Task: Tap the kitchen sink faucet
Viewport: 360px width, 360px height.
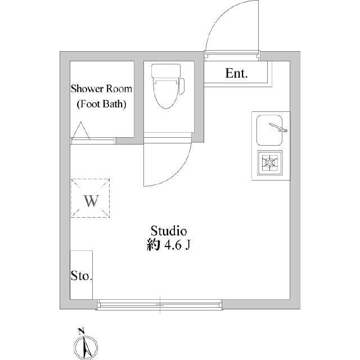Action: [x=278, y=128]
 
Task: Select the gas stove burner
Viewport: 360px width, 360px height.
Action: [x=270, y=163]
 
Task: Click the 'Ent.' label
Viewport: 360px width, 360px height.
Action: [x=236, y=74]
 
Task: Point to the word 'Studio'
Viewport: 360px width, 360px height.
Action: [x=168, y=231]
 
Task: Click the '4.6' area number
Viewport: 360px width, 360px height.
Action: [x=173, y=245]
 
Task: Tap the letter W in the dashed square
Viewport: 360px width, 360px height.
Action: [x=91, y=201]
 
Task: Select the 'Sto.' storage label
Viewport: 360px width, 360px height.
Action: [x=81, y=276]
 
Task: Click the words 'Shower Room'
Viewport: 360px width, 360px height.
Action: [x=101, y=89]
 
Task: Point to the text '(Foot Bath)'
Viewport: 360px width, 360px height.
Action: [x=101, y=104]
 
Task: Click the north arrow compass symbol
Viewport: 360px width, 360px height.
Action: [x=86, y=347]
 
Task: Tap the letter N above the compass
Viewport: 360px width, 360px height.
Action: [x=81, y=331]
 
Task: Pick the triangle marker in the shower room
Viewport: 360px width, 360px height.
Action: [x=81, y=130]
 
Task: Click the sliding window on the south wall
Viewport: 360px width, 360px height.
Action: [x=159, y=305]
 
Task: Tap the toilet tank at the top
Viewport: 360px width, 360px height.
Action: [x=166, y=71]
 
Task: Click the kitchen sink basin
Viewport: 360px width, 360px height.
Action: [x=269, y=130]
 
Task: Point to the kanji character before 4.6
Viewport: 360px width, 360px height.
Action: [x=154, y=245]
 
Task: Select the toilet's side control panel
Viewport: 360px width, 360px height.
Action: [x=182, y=86]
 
